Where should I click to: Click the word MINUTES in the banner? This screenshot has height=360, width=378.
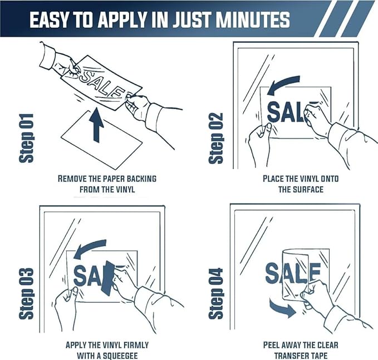pos(253,19)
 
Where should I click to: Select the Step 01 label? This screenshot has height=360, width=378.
pos(26,138)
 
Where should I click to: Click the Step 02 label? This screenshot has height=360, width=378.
pos(216,138)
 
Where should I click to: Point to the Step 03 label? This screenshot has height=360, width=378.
pos(26,293)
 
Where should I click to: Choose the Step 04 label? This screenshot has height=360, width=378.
pos(216,293)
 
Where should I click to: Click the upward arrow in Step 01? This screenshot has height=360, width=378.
pos(96,125)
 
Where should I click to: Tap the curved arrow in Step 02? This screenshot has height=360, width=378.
pos(284,85)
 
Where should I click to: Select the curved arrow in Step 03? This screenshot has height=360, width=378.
pos(89,249)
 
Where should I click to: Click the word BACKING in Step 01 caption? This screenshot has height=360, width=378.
pos(141,179)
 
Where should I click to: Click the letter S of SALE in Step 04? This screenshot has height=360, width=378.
pos(272,273)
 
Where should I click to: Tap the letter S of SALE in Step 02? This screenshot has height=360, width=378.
pos(274,112)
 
